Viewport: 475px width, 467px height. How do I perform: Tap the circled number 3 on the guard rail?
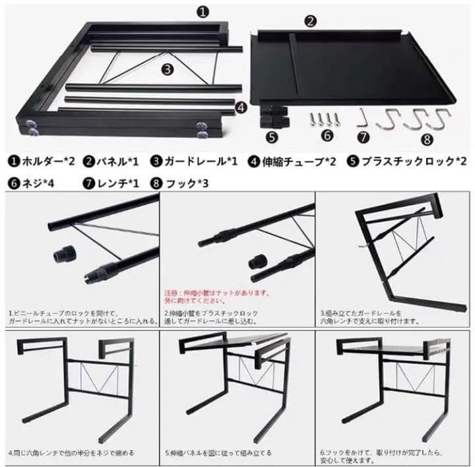coord(167,68)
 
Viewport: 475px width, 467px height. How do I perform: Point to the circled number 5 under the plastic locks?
coord(271,137)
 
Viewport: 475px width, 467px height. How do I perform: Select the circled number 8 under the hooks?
coord(427,139)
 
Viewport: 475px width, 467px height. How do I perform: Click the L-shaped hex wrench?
coord(362,120)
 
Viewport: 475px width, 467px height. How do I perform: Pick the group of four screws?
coord(325,119)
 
